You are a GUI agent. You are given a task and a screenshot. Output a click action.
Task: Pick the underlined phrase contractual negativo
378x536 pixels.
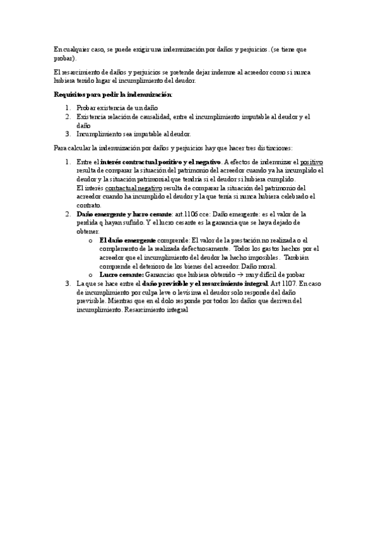click(133, 188)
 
